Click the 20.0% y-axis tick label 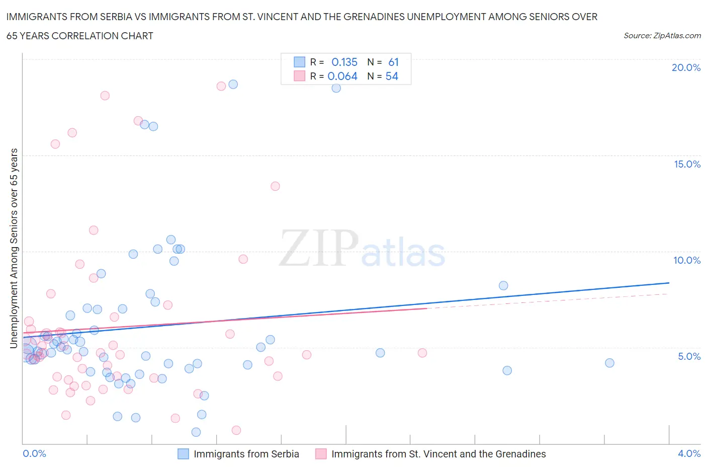coord(686,67)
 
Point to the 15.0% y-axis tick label coord(687,164)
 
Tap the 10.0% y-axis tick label coord(687,260)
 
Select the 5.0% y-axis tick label coord(689,356)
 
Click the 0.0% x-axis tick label coord(34,453)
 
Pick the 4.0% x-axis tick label coord(689,453)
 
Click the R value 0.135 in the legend coord(344,62)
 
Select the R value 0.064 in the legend coord(342,76)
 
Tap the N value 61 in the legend coord(393,62)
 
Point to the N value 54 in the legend coord(392,76)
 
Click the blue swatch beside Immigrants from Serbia coord(184,454)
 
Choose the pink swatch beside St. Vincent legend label coord(321,454)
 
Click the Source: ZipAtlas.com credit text coord(662,35)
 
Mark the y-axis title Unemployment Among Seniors coord(14,248)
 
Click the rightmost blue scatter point coord(609,363)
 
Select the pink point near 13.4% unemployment coord(275,186)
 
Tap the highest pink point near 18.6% coord(221,86)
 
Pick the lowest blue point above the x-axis coord(196,432)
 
